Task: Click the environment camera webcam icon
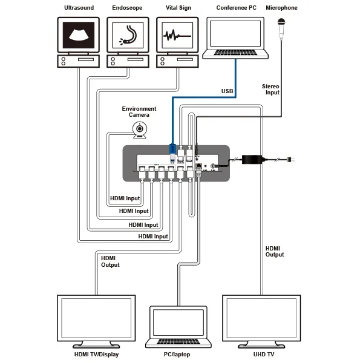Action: [140, 129]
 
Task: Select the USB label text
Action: [227, 91]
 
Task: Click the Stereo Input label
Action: [270, 90]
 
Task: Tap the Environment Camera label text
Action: [139, 112]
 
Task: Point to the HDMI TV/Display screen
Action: [96, 318]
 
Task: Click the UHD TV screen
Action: [261, 318]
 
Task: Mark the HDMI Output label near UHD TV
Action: [275, 251]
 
